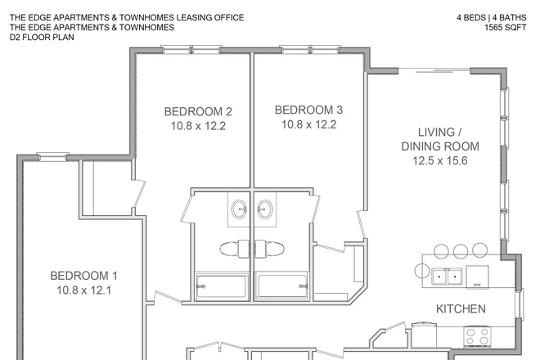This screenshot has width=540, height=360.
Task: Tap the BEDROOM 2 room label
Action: point(198,112)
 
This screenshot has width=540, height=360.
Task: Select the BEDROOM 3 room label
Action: point(308,110)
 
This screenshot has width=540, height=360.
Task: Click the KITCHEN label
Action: point(461,309)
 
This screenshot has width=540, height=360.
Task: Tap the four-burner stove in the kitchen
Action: point(477,335)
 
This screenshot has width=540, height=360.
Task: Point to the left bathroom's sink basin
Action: point(238,209)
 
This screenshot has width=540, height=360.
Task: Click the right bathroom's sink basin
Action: point(265,209)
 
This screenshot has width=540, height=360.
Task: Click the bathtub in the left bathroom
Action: point(220,287)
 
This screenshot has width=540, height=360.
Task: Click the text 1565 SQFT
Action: point(505,27)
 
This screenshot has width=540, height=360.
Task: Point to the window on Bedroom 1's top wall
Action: point(52,156)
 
